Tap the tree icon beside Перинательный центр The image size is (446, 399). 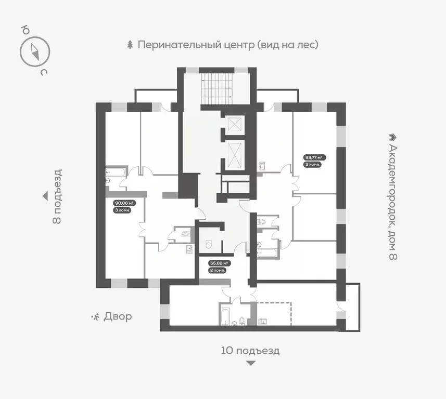coord(130,45)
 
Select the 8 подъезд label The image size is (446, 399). coord(58,196)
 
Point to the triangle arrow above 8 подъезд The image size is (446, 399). coord(45,196)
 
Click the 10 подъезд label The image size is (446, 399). coord(250,351)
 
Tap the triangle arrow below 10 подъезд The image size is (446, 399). coord(250,363)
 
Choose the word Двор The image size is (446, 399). coord(117,316)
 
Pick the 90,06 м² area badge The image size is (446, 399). coord(124,203)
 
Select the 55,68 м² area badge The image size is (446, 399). coord(219,263)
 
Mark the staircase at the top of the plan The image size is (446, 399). coord(215,88)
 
